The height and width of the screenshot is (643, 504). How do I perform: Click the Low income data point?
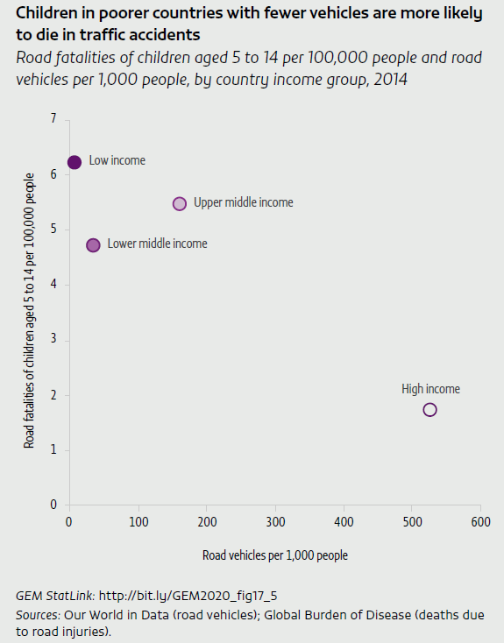point(75,162)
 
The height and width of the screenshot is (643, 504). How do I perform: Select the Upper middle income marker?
point(180,203)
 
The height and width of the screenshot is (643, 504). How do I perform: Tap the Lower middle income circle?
point(93,244)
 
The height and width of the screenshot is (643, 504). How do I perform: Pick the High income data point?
point(429,409)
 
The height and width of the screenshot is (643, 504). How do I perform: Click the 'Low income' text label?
point(117,161)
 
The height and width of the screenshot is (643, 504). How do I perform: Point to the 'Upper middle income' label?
point(243,202)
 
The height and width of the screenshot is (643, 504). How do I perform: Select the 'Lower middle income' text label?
point(157,244)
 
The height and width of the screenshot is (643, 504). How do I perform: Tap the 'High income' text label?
point(430,389)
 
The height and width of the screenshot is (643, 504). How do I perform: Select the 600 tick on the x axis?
point(480,522)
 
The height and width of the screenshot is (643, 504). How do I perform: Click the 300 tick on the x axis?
point(275,522)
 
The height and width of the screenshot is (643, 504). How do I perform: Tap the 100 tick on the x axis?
point(138,522)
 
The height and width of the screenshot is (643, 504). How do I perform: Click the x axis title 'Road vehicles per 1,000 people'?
point(275,555)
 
